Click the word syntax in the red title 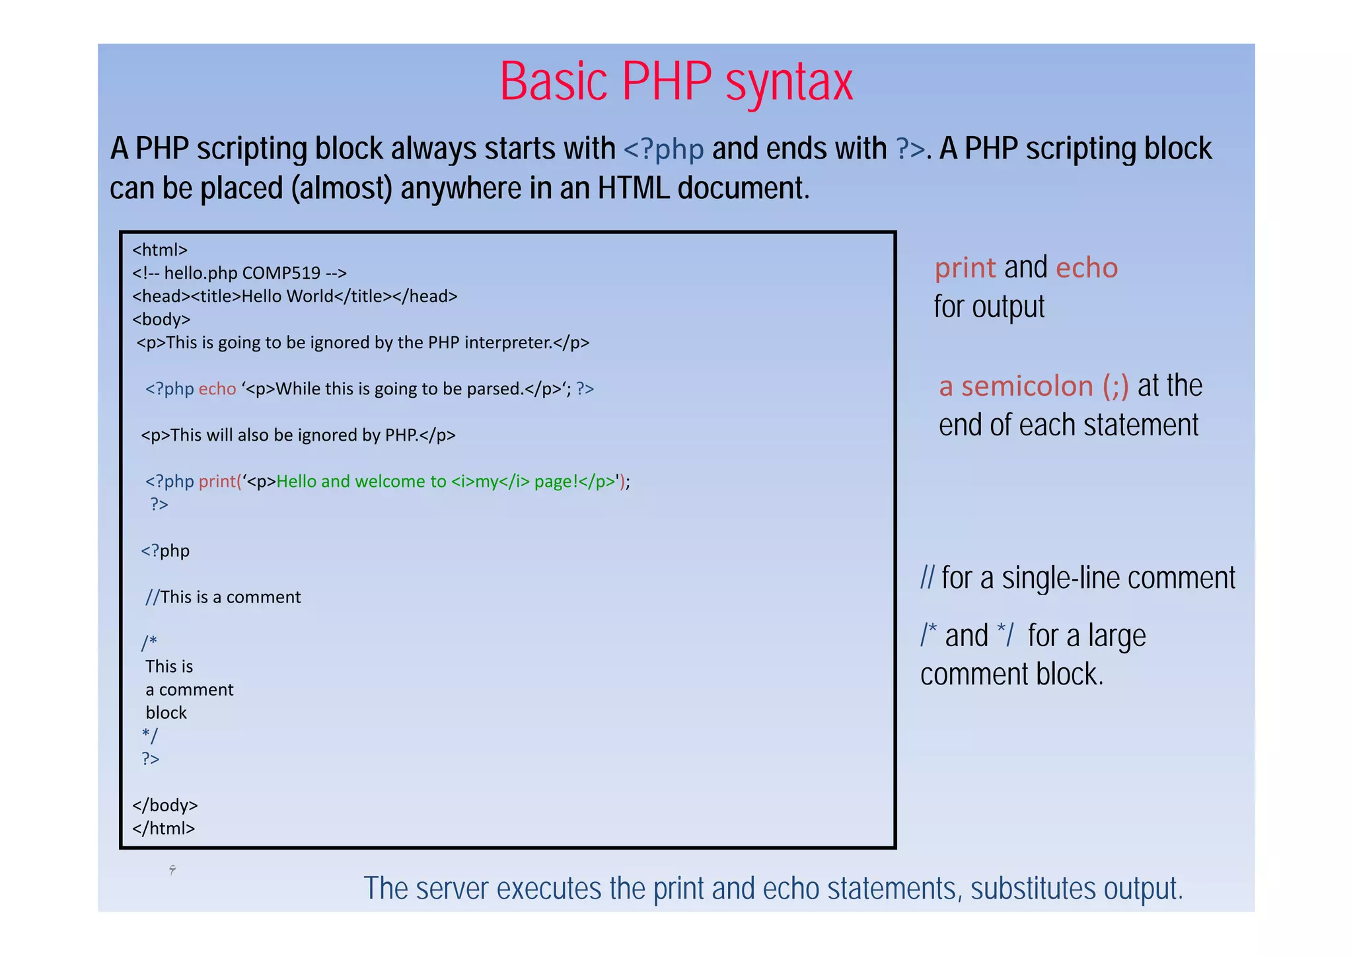tap(789, 83)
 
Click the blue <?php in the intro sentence tap(663, 149)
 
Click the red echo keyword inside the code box tap(217, 388)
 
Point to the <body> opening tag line tap(161, 319)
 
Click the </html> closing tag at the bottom tap(163, 828)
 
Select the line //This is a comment tap(223, 597)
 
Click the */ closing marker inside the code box tap(150, 735)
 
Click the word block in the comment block tap(166, 712)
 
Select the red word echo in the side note tap(1086, 268)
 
